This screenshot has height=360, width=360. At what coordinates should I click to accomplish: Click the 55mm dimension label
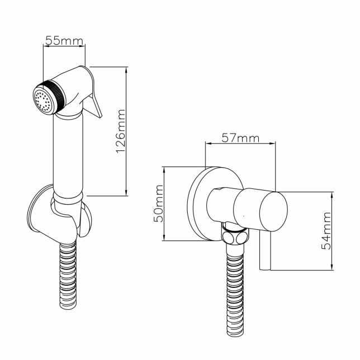coord(64,40)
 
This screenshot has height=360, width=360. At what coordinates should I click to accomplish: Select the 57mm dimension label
coord(240,138)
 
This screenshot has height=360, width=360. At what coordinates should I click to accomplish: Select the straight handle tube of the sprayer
coord(68,154)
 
